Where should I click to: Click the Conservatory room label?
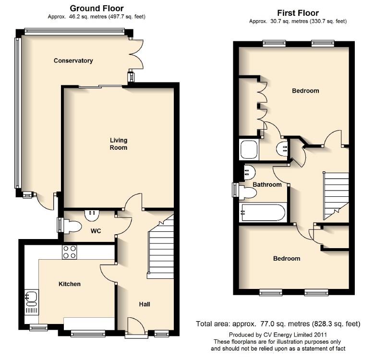click(73, 60)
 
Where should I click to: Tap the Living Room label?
click(119, 144)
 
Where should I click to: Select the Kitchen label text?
click(70, 284)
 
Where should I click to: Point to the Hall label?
click(145, 304)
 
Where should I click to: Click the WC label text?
click(96, 231)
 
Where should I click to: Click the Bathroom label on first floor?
click(267, 185)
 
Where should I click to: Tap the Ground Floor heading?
click(97, 8)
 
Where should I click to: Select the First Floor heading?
click(298, 13)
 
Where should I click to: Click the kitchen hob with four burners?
click(69, 252)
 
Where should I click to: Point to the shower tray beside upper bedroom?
click(249, 150)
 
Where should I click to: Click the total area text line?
click(278, 324)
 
